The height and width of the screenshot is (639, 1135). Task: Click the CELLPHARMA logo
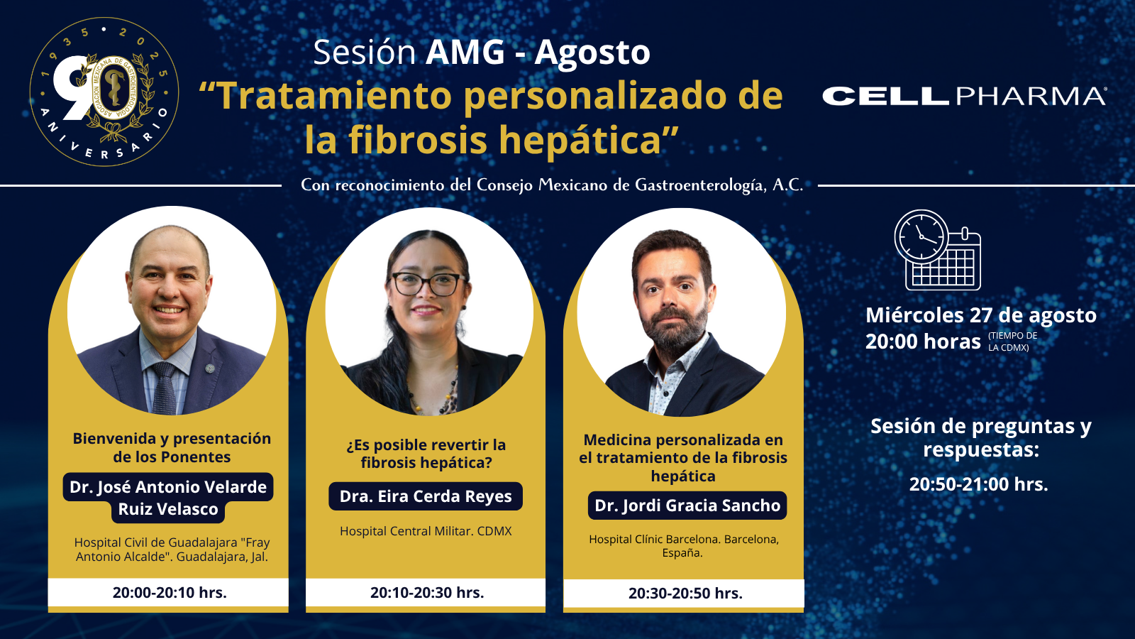coord(964,96)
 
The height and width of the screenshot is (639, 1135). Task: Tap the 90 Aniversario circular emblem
coord(104,92)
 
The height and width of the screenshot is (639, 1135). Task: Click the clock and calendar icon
coord(937,251)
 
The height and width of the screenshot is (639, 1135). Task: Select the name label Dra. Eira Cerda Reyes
coord(426,496)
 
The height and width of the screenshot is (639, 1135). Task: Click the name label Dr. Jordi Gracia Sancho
coord(687,505)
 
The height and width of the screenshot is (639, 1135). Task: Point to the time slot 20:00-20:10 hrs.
coord(170,592)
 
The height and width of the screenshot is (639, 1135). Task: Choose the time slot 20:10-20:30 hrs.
coord(427,592)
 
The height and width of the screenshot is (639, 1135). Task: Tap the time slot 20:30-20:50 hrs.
coord(685,594)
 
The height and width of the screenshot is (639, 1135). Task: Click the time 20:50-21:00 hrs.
coord(978,484)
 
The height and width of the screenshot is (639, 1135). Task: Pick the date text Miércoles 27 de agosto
coord(981,315)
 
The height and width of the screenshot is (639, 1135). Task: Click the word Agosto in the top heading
coord(592,53)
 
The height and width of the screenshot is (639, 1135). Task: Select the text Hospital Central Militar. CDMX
coord(426,531)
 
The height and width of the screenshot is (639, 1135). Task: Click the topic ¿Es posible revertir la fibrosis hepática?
coord(426,454)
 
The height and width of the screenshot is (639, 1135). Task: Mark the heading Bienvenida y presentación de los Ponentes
coord(172,447)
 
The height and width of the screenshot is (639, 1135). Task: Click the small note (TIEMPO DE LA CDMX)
coord(1012,342)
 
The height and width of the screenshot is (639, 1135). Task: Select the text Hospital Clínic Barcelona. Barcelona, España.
coord(684,546)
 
